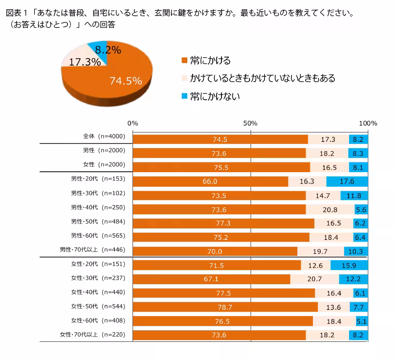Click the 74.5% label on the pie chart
[x=126, y=81]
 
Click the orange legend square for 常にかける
[x=184, y=60]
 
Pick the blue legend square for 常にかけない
[x=184, y=96]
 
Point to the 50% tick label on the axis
[x=250, y=123]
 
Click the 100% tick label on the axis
[x=368, y=123]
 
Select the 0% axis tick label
[x=132, y=123]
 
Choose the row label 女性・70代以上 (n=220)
[x=93, y=335]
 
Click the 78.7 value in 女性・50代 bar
[x=225, y=307]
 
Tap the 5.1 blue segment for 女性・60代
[x=362, y=321]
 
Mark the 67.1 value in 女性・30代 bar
[x=211, y=279]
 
